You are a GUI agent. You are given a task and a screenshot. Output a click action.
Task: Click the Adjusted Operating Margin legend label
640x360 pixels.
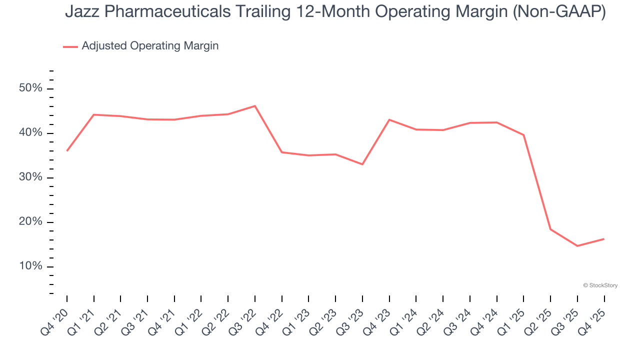click(x=150, y=46)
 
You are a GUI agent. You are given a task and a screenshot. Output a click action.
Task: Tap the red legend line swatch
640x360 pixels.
click(x=70, y=46)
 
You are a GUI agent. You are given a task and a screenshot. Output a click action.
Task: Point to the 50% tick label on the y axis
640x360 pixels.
click(x=30, y=88)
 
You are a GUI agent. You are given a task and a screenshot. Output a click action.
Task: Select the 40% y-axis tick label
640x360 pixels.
click(x=30, y=133)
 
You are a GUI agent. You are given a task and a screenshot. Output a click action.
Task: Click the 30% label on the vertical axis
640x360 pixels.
click(x=30, y=177)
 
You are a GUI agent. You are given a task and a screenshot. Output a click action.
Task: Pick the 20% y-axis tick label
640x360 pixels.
click(x=30, y=222)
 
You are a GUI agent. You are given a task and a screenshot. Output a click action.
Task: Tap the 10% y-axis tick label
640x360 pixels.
click(x=30, y=266)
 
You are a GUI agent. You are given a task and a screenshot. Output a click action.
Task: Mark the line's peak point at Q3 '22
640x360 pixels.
click(x=255, y=106)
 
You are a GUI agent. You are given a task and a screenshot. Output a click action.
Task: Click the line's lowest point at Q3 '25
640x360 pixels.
click(x=577, y=246)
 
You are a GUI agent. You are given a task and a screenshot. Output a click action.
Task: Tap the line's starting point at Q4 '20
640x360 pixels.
click(x=67, y=150)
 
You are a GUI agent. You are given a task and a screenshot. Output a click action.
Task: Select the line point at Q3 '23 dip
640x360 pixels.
click(x=362, y=164)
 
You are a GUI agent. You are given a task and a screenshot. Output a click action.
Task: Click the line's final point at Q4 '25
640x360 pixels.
click(x=604, y=239)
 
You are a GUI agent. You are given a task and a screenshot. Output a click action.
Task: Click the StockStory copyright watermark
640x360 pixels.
click(x=600, y=285)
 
